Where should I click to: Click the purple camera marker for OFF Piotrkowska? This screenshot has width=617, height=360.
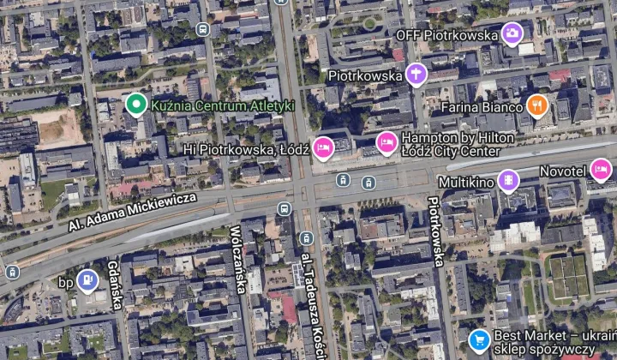[512, 34]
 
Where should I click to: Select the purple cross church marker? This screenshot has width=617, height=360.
[416, 75]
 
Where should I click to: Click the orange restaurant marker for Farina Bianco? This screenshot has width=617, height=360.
[537, 105]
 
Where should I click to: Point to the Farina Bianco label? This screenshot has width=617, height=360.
[481, 107]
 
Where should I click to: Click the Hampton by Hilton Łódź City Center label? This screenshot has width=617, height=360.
[450, 144]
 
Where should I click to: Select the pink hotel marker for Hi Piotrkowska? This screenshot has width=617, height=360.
[323, 147]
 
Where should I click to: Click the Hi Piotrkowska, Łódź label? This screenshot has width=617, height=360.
[246, 149]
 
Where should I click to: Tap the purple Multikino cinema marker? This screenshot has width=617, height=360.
[509, 181]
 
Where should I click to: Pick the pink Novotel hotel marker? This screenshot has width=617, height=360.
[601, 170]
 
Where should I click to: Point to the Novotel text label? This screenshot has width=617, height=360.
[562, 171]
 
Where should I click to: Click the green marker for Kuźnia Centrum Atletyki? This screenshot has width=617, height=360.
[135, 105]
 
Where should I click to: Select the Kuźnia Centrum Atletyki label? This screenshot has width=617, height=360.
[222, 105]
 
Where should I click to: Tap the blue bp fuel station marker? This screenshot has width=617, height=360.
[87, 280]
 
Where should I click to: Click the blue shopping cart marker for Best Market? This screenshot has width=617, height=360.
[479, 339]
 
